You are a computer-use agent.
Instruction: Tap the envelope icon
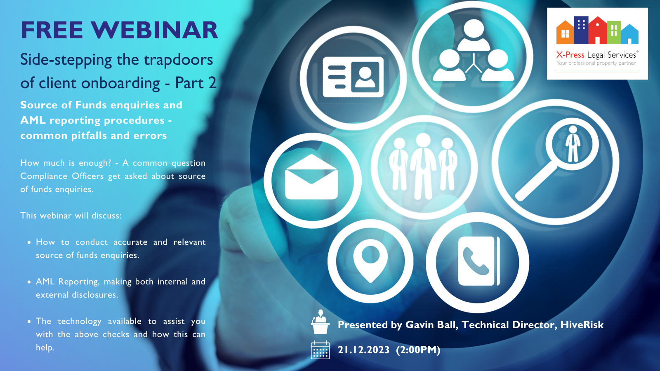pyautogui.click(x=311, y=178)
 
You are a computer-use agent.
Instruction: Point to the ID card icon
pyautogui.click(x=353, y=77)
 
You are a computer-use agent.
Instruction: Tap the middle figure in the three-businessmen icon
pyautogui.click(x=423, y=165)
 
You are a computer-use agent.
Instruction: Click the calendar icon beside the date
pyautogui.click(x=320, y=350)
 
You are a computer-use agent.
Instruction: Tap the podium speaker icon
pyautogui.click(x=320, y=322)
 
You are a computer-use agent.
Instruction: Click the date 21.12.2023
pyautogui.click(x=363, y=350)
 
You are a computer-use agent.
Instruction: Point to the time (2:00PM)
pyautogui.click(x=418, y=350)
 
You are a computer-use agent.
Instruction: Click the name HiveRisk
pyautogui.click(x=582, y=325)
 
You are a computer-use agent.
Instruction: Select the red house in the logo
pyautogui.click(x=597, y=31)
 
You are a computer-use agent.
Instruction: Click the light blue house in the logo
pyautogui.click(x=629, y=35)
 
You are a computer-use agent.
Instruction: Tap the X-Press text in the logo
pyautogui.click(x=570, y=55)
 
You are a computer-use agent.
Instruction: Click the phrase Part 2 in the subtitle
pyautogui.click(x=196, y=83)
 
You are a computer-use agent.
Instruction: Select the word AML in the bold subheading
pyautogui.click(x=33, y=120)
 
